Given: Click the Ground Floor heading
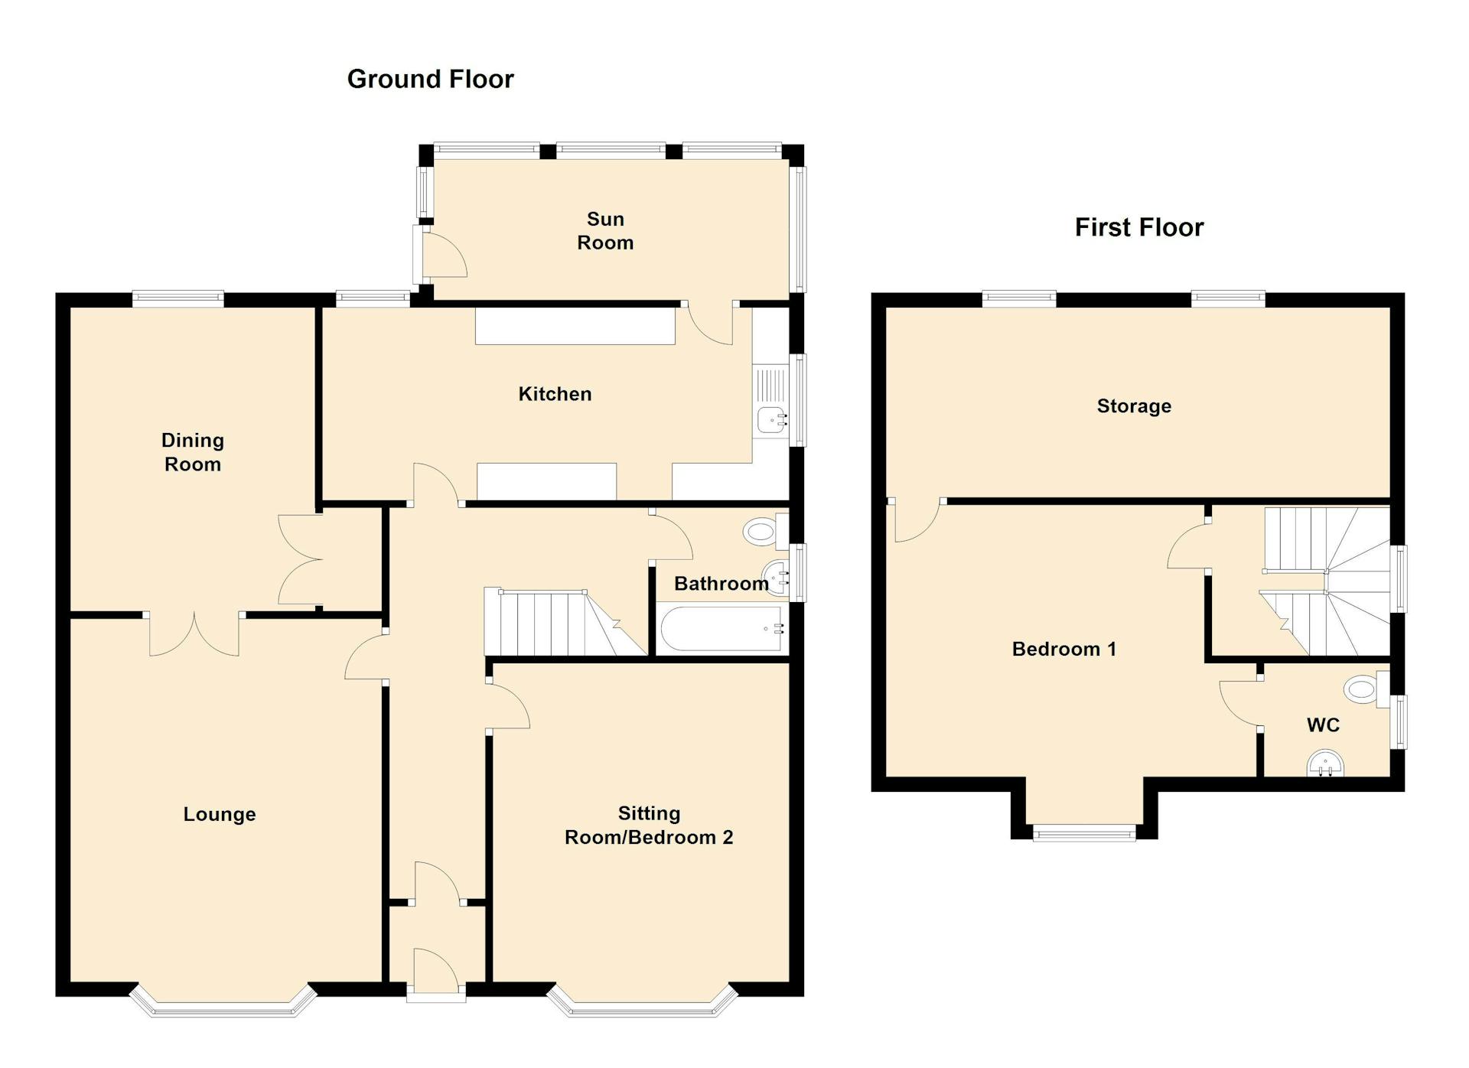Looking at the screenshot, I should coord(430,79).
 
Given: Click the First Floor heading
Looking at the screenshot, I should coord(1138,227).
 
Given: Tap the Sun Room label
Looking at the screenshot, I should coord(604,230).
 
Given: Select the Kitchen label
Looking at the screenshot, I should coord(555,394).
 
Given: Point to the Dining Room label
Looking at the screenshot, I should coord(193,452).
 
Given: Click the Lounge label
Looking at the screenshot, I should coord(220,814).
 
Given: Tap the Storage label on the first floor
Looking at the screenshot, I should coord(1134,406).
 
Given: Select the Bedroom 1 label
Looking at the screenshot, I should coord(1063,650).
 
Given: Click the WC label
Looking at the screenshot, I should coord(1323,724).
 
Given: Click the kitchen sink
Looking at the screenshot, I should coord(772,419).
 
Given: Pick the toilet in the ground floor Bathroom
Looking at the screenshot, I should coord(764,531).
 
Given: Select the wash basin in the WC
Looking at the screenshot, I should coord(1325,764).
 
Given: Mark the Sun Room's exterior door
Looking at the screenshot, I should coord(442,254).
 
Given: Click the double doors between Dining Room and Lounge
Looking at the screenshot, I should coord(194,633).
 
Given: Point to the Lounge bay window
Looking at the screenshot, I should coord(223,1008).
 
